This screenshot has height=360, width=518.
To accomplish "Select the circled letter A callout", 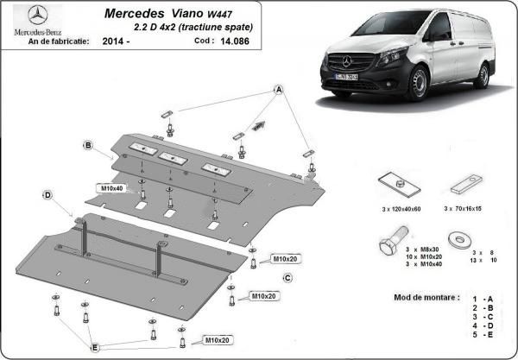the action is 279,90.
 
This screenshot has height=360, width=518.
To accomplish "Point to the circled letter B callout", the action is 88,145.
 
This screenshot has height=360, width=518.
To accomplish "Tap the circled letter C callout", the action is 287,277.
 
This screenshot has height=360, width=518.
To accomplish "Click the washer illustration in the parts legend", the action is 455,237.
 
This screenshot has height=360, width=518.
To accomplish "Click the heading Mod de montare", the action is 421,297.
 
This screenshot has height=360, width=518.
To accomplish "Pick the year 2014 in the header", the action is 111,41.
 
